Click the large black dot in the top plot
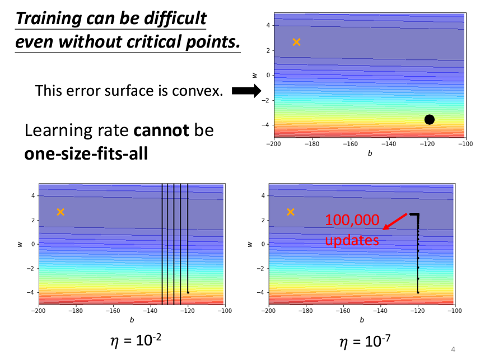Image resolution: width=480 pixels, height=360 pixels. (x=430, y=119)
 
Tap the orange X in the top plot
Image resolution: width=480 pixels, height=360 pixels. (x=296, y=42)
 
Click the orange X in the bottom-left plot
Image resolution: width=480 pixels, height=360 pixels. (x=60, y=212)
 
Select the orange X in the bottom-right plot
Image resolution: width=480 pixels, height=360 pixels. (x=291, y=212)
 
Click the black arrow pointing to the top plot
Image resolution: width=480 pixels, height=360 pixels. (x=246, y=91)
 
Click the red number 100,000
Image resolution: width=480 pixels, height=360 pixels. (x=352, y=220)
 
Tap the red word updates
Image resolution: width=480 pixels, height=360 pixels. (x=352, y=240)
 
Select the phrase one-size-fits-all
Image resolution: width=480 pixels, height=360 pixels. (x=86, y=152)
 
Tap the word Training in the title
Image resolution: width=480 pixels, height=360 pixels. (x=49, y=18)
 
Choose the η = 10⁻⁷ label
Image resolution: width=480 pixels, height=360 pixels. (x=361, y=340)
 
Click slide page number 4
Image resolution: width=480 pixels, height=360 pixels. (x=453, y=349)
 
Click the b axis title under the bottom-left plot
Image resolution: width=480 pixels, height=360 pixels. (x=132, y=320)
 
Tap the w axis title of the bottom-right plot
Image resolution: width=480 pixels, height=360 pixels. (x=250, y=244)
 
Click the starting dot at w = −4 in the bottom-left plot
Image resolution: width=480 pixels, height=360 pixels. (x=188, y=292)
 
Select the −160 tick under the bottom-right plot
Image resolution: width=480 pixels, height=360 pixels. (x=342, y=311)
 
